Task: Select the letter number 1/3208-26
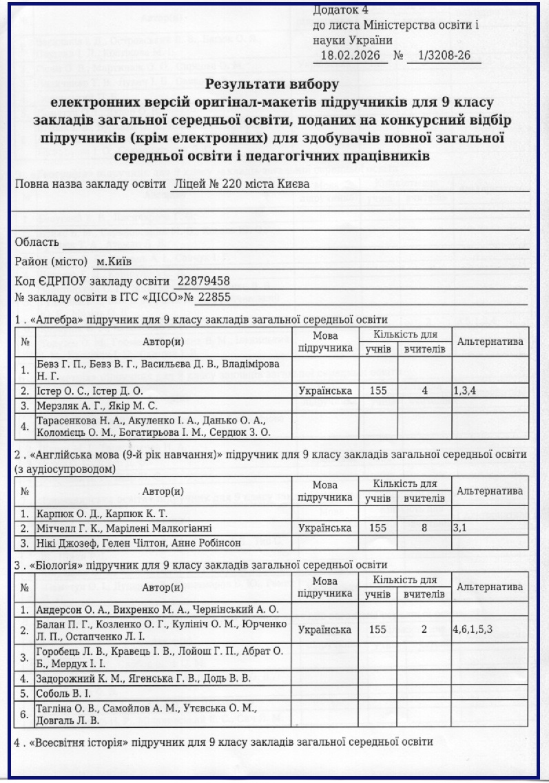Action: coord(444,56)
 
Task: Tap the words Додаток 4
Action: coord(340,10)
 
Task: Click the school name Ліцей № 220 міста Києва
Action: coord(242,185)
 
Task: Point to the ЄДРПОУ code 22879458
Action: coord(204,281)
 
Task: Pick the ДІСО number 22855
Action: coord(214,297)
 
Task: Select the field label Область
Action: coord(37,242)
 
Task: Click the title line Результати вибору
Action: coord(272,85)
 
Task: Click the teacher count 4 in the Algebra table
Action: coord(425,390)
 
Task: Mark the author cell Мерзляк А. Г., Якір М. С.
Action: coord(97,406)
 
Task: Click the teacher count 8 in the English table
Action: coord(425,528)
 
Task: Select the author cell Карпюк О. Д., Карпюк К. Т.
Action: coord(102,514)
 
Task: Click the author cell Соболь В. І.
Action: coord(65,693)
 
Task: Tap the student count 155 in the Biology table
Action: coord(377,629)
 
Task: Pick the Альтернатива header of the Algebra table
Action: coord(490,342)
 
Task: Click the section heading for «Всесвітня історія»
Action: coord(223,743)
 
